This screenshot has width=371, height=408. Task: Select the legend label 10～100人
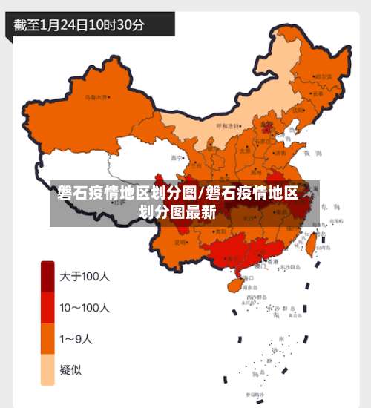click(85, 307)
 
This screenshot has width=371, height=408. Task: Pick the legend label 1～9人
click(76, 339)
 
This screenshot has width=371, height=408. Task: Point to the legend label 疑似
click(71, 370)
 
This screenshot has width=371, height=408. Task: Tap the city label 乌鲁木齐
click(96, 96)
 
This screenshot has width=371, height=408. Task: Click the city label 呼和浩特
click(229, 126)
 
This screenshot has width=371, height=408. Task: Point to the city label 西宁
click(176, 157)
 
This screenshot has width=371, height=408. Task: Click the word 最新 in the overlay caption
click(200, 211)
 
